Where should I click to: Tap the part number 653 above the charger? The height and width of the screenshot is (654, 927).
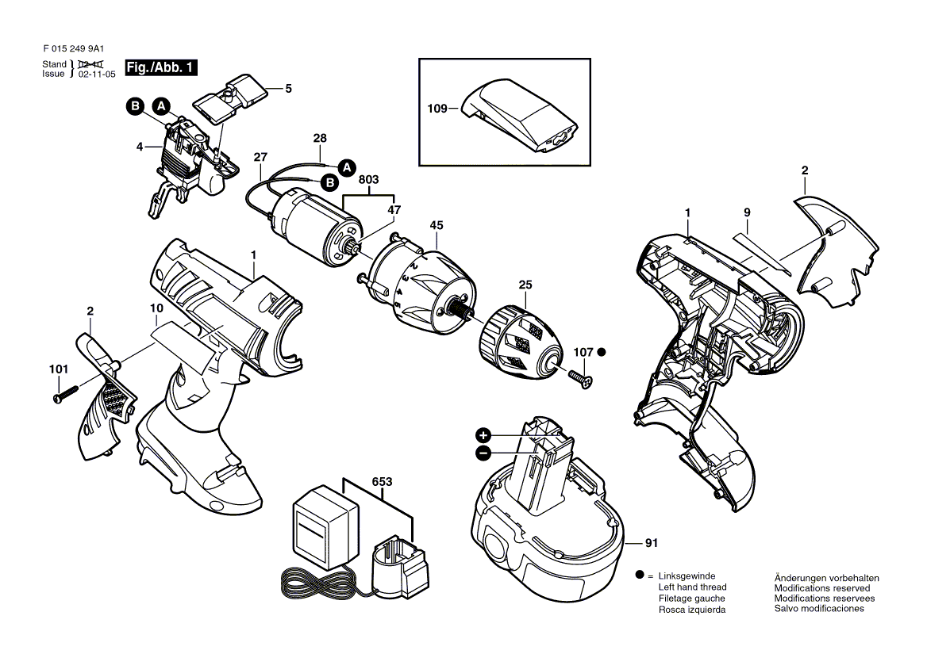coord(381,482)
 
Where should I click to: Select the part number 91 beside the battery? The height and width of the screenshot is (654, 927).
coord(652,544)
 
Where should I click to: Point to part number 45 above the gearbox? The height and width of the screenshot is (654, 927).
coord(437,225)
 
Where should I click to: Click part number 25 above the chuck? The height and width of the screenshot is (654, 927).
coord(525,285)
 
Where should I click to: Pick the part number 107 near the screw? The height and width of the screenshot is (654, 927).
coord(583,351)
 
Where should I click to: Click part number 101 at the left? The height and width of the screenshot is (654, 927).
coord(58,369)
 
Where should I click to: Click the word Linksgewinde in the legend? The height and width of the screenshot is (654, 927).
coord(687,576)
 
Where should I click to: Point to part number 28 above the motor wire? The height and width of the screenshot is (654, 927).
coord(320,139)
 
